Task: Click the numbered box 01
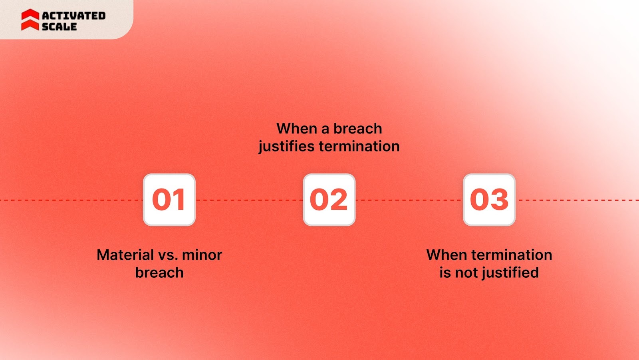coord(169,200)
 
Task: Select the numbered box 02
coord(329,200)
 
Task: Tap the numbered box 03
coord(489,200)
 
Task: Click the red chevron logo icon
coord(30,20)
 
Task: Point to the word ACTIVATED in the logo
coord(74,16)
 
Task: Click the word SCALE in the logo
coord(59,27)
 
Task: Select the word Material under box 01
coord(125,255)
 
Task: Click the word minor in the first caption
coord(202,255)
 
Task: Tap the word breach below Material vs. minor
coord(159,273)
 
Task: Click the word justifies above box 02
coord(286,147)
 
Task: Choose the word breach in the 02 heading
coord(357,129)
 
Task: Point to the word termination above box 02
coord(359,146)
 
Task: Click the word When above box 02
coord(297,129)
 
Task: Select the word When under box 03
coord(447,255)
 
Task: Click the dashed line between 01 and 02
coord(249,200)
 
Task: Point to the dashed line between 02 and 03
coord(409,200)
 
